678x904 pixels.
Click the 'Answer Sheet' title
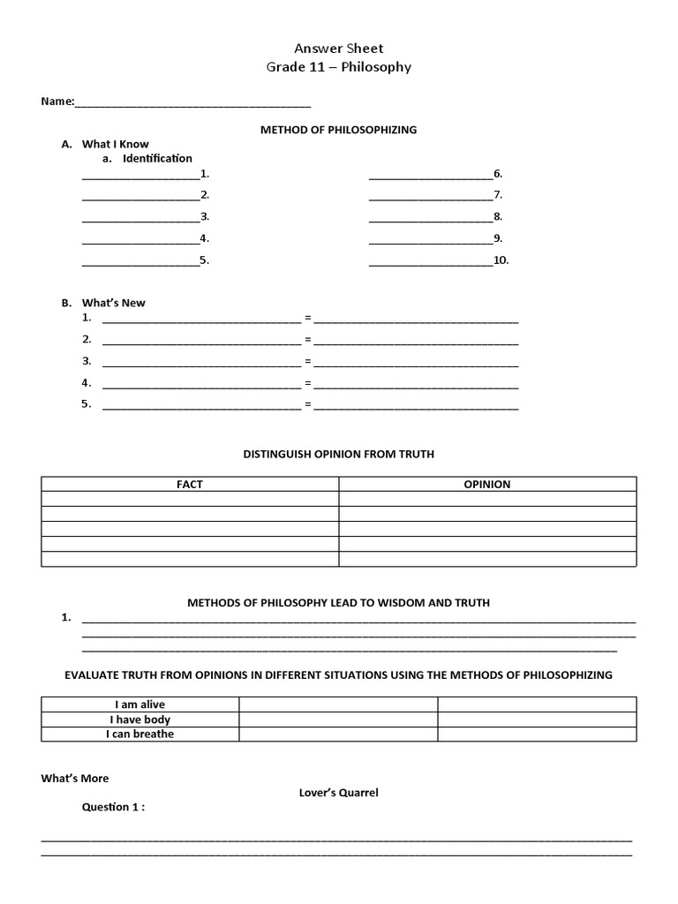pyautogui.click(x=339, y=49)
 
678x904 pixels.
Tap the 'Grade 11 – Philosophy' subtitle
pyautogui.click(x=339, y=67)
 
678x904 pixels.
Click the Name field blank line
pyautogui.click(x=192, y=103)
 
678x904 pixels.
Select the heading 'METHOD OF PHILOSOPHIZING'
pyautogui.click(x=338, y=130)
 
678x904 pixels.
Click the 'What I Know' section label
pyautogui.click(x=116, y=144)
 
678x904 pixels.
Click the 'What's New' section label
pyautogui.click(x=114, y=303)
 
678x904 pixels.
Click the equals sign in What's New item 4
pyautogui.click(x=308, y=383)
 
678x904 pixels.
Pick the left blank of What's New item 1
pyautogui.click(x=201, y=319)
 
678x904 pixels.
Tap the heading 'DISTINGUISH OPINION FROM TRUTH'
pyautogui.click(x=338, y=455)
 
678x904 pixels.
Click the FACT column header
pyautogui.click(x=190, y=485)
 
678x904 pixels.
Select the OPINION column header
pyautogui.click(x=487, y=485)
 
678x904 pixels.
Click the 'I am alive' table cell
pyautogui.click(x=140, y=704)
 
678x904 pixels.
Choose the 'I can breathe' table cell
pyautogui.click(x=140, y=734)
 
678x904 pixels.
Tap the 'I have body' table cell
pyautogui.click(x=140, y=719)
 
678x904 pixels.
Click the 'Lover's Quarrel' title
pyautogui.click(x=338, y=793)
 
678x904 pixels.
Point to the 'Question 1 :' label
pyautogui.click(x=114, y=807)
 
